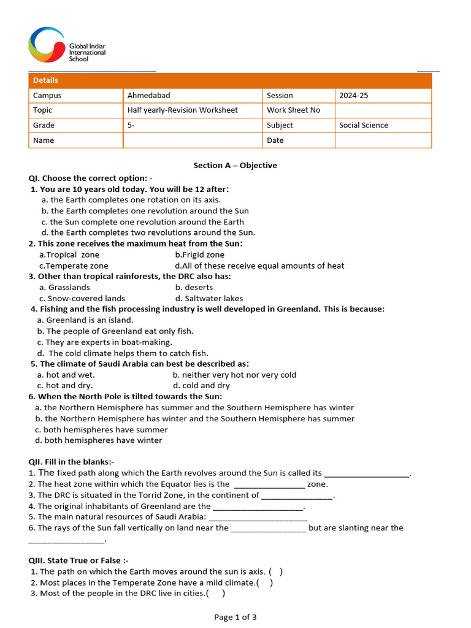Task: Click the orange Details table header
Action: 230,80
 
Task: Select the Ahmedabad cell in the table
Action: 148,96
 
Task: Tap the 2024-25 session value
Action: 353,96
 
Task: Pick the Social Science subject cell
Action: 363,125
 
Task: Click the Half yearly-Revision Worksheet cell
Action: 182,110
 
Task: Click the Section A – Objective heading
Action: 235,166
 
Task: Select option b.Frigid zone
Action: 199,255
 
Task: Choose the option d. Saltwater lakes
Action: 209,299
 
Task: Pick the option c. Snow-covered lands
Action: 82,299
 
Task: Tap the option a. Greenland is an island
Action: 85,320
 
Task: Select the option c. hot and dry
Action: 64,386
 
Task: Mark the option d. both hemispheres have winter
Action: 98,440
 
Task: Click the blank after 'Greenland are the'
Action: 258,507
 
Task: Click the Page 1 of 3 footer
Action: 235,617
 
